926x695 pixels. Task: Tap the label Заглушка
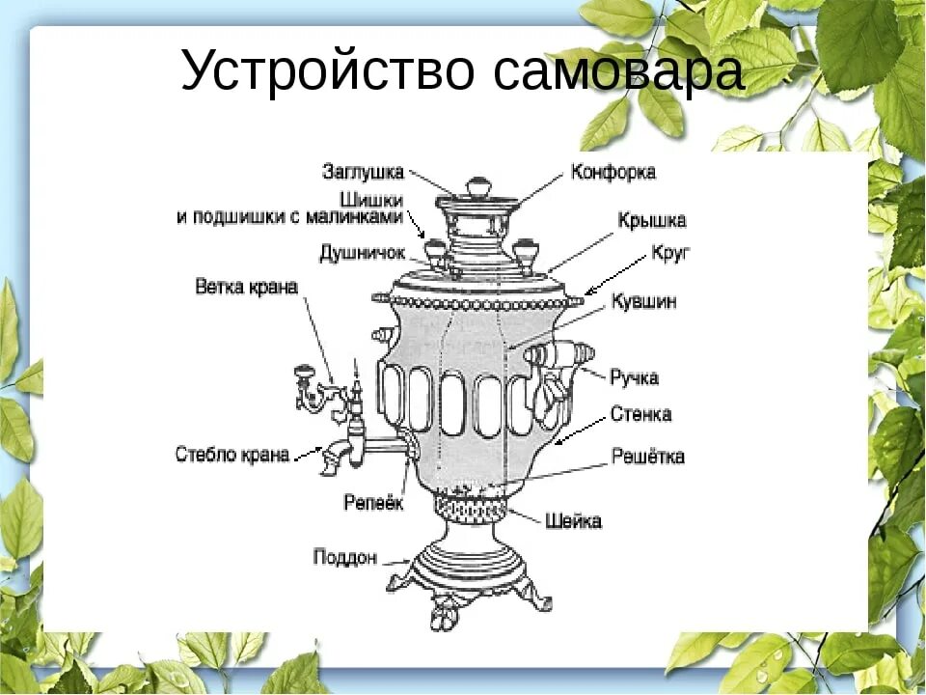coord(363,172)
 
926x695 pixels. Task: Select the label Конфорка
coord(613,173)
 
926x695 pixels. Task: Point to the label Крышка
coord(652,220)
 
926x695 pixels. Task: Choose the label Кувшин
coord(643,302)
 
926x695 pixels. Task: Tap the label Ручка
coord(634,376)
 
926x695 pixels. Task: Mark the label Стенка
coord(640,415)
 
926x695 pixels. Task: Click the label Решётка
coord(648,457)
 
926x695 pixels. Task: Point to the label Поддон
coord(344,557)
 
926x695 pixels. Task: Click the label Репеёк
coord(374,503)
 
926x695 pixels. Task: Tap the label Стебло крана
coord(232,454)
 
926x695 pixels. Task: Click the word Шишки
coord(377,200)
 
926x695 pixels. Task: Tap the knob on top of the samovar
coord(477,186)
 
